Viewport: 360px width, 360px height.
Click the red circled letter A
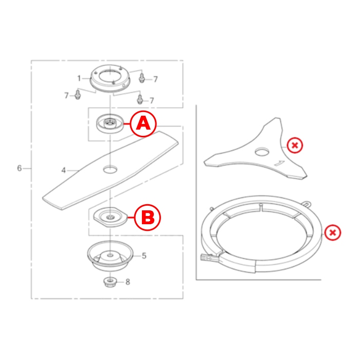143,124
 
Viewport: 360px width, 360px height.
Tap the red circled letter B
148,218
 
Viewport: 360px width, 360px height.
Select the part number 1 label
79,79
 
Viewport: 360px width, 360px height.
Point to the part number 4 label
64,170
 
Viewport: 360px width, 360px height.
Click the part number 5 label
144,256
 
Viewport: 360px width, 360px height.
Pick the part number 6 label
20,168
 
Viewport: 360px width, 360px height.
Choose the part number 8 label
128,282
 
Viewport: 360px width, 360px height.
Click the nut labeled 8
110,282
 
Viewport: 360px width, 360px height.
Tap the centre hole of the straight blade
110,169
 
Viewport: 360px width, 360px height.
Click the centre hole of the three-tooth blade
262,152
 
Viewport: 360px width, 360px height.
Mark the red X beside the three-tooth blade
295,146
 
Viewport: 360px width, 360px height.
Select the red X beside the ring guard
333,232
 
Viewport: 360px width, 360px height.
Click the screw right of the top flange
141,78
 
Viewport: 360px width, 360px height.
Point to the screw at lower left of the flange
78,94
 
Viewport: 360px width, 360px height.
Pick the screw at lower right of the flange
140,99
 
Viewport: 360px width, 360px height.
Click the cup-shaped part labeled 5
110,256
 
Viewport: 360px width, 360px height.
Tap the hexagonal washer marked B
110,217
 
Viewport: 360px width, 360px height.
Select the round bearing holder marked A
110,123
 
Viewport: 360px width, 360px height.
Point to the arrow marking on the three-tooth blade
280,163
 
